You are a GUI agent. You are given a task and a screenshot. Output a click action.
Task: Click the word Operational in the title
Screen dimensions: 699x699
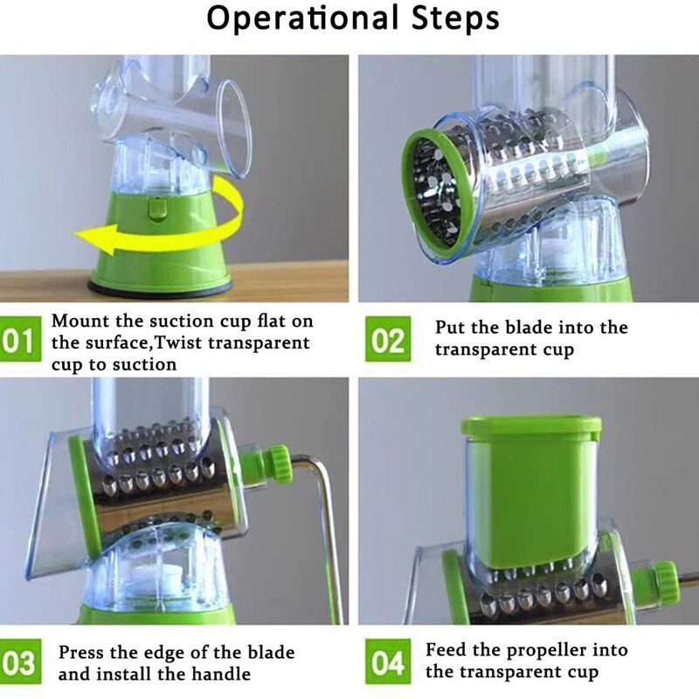pos(302,19)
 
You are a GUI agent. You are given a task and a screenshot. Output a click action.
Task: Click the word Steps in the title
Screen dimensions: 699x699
pos(455,19)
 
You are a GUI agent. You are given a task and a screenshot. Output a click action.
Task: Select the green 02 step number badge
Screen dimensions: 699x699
pos(388,339)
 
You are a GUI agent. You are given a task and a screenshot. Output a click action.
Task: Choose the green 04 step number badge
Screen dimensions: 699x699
pos(388,662)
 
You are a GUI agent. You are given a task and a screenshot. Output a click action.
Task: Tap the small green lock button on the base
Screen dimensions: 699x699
pos(157,209)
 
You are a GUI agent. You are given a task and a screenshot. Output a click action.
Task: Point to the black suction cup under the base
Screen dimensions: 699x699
pos(160,288)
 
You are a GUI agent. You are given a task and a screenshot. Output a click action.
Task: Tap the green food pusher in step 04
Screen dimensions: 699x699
pos(531,490)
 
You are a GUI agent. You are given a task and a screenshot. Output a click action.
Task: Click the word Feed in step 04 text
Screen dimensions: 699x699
pos(444,649)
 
